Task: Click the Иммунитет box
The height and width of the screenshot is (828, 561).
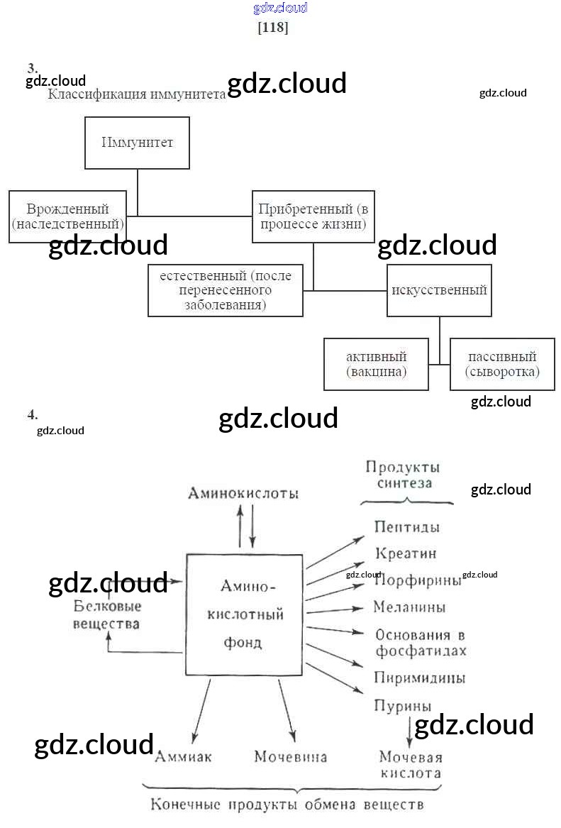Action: tap(137, 143)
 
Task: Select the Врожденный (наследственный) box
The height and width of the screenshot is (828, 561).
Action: tap(68, 216)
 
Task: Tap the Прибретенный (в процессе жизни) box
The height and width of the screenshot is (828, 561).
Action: tap(313, 216)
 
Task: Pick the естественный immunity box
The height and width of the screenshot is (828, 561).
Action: tap(226, 290)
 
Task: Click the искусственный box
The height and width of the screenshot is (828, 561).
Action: tap(439, 290)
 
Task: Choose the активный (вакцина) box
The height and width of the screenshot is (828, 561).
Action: tap(376, 364)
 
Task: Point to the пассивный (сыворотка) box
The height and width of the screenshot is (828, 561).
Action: tap(502, 364)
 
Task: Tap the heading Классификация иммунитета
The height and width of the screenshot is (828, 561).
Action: tap(136, 94)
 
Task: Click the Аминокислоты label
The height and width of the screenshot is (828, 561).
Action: tap(243, 493)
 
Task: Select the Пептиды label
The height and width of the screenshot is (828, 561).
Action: tap(406, 527)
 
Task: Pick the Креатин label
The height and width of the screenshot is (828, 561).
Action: tap(405, 553)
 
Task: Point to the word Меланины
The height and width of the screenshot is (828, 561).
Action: tap(409, 607)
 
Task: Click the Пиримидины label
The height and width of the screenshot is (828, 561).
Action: tap(419, 678)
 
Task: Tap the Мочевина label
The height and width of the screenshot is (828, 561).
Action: tap(291, 756)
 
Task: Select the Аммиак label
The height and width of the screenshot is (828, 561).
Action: tap(183, 756)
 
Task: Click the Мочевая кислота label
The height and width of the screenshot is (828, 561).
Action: tap(410, 765)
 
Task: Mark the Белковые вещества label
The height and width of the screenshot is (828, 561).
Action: tap(107, 614)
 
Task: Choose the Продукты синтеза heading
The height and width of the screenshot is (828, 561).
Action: tap(403, 475)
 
